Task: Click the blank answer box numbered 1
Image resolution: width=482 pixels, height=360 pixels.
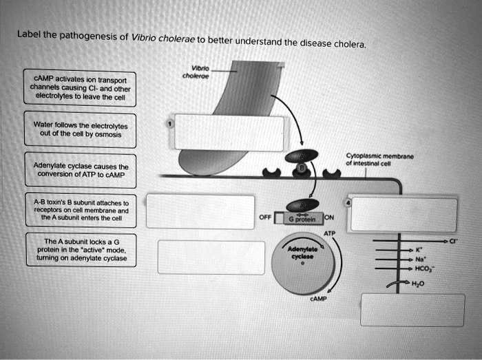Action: pos(229,133)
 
